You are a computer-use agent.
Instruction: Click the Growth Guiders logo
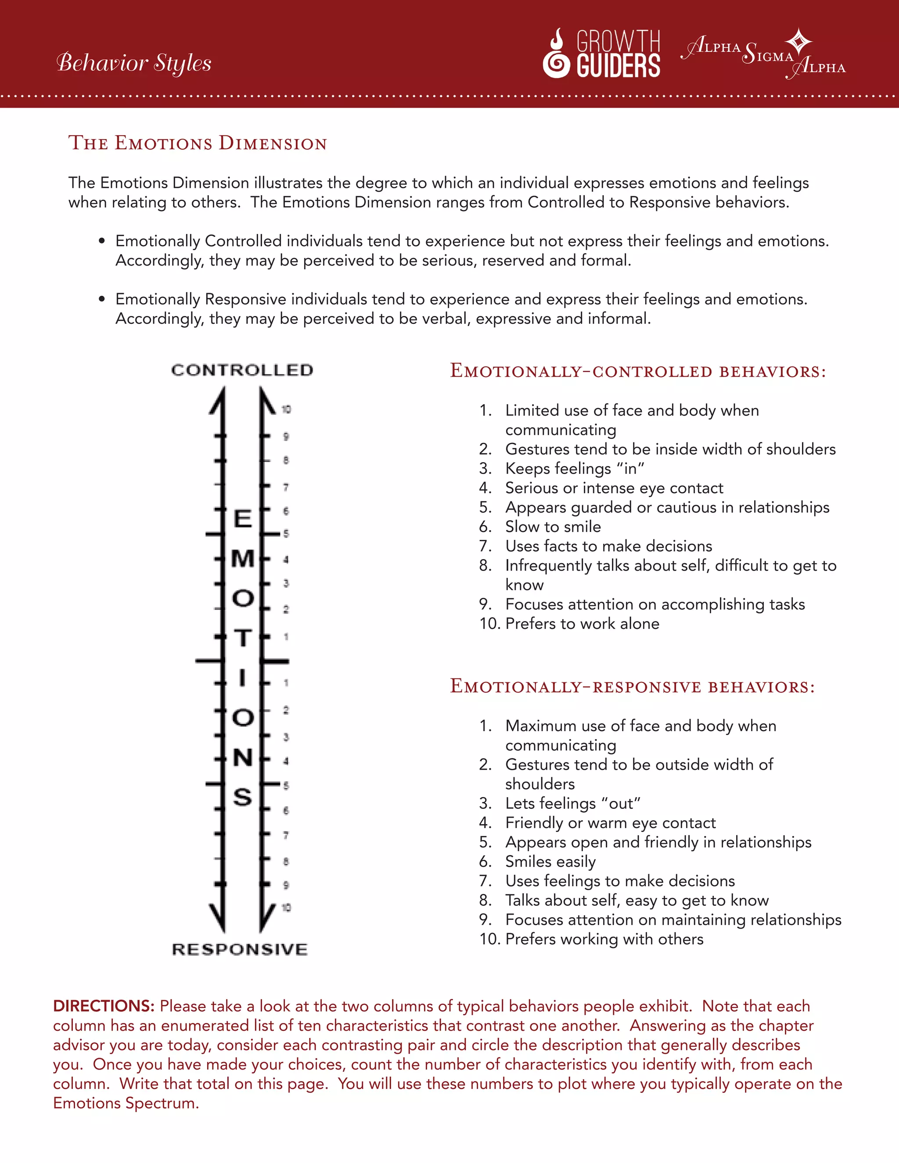coord(602,53)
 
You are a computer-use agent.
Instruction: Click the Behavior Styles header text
coord(134,63)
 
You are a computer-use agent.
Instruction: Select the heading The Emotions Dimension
coord(197,143)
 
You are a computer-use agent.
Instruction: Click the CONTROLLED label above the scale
coord(242,370)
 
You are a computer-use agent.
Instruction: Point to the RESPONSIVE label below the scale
coord(240,949)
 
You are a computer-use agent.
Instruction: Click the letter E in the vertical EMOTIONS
coord(242,519)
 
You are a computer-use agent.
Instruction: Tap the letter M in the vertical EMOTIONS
coord(242,559)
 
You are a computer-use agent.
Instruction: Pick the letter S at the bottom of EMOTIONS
coord(242,797)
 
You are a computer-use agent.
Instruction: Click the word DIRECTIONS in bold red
coord(103,1006)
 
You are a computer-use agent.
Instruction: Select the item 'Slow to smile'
coord(553,527)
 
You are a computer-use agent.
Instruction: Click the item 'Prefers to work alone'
coord(582,624)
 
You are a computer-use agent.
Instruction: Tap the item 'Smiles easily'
coord(550,861)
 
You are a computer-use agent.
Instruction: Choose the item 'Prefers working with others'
coord(604,939)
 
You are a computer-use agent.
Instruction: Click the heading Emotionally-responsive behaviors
coord(632,686)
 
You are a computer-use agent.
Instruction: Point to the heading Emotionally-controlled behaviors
coord(637,371)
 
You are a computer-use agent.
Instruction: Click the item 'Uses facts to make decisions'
coord(608,546)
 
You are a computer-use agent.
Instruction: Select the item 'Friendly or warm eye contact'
coord(610,823)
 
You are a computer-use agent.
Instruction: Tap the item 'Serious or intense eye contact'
coord(614,488)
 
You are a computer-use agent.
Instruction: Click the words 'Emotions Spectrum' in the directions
coord(125,1103)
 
